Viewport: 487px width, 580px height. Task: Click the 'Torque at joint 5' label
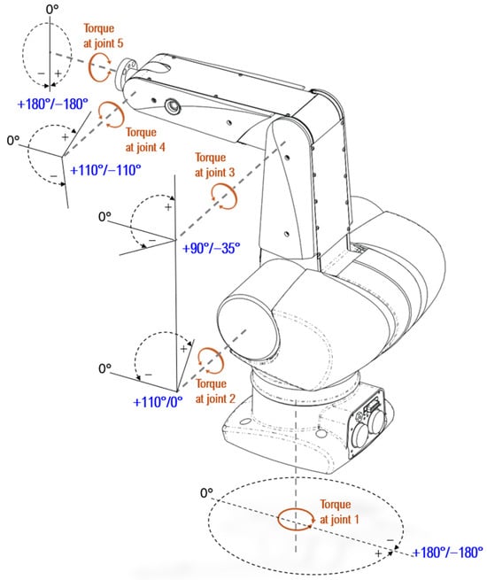tap(104, 36)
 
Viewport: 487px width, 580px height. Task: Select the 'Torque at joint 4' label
tap(145, 140)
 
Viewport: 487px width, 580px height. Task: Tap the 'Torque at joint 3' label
tap(214, 165)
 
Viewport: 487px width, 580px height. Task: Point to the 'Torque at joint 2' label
tap(215, 391)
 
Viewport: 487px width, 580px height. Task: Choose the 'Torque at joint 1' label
tap(339, 512)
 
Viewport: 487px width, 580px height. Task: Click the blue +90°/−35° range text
tap(211, 248)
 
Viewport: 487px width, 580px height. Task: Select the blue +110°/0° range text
tap(158, 402)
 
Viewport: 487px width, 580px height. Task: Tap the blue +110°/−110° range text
tap(105, 170)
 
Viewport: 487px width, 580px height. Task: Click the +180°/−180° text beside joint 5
tap(53, 104)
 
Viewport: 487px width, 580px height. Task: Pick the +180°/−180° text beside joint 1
tap(447, 553)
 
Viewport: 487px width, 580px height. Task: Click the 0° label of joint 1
tap(206, 492)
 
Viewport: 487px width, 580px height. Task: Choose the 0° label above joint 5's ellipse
tap(52, 9)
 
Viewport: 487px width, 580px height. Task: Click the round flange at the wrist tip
tap(125, 73)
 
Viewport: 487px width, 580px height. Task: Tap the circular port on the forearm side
tap(173, 107)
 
